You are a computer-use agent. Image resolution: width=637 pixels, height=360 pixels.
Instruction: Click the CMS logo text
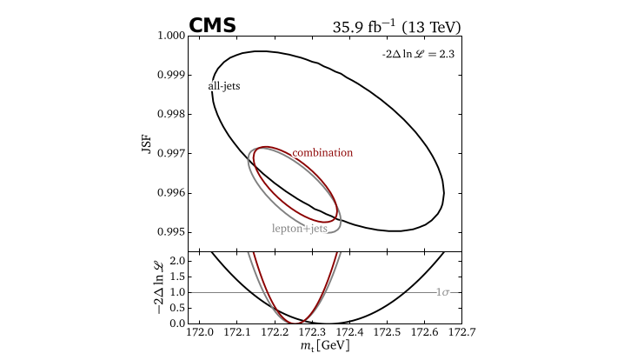click(212, 25)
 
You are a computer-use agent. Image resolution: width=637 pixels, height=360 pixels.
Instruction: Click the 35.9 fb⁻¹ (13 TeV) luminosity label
click(396, 26)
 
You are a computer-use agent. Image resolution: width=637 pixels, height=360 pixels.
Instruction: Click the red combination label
click(322, 152)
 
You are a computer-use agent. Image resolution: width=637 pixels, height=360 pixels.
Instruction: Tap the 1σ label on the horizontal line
click(448, 293)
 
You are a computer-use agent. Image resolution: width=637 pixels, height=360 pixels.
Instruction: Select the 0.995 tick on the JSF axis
click(171, 232)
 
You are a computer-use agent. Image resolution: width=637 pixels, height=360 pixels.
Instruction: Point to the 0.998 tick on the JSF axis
click(171, 115)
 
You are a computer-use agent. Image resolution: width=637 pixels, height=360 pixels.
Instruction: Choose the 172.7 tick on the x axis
click(461, 333)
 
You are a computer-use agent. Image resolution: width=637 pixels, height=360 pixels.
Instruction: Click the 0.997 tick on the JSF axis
click(171, 154)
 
